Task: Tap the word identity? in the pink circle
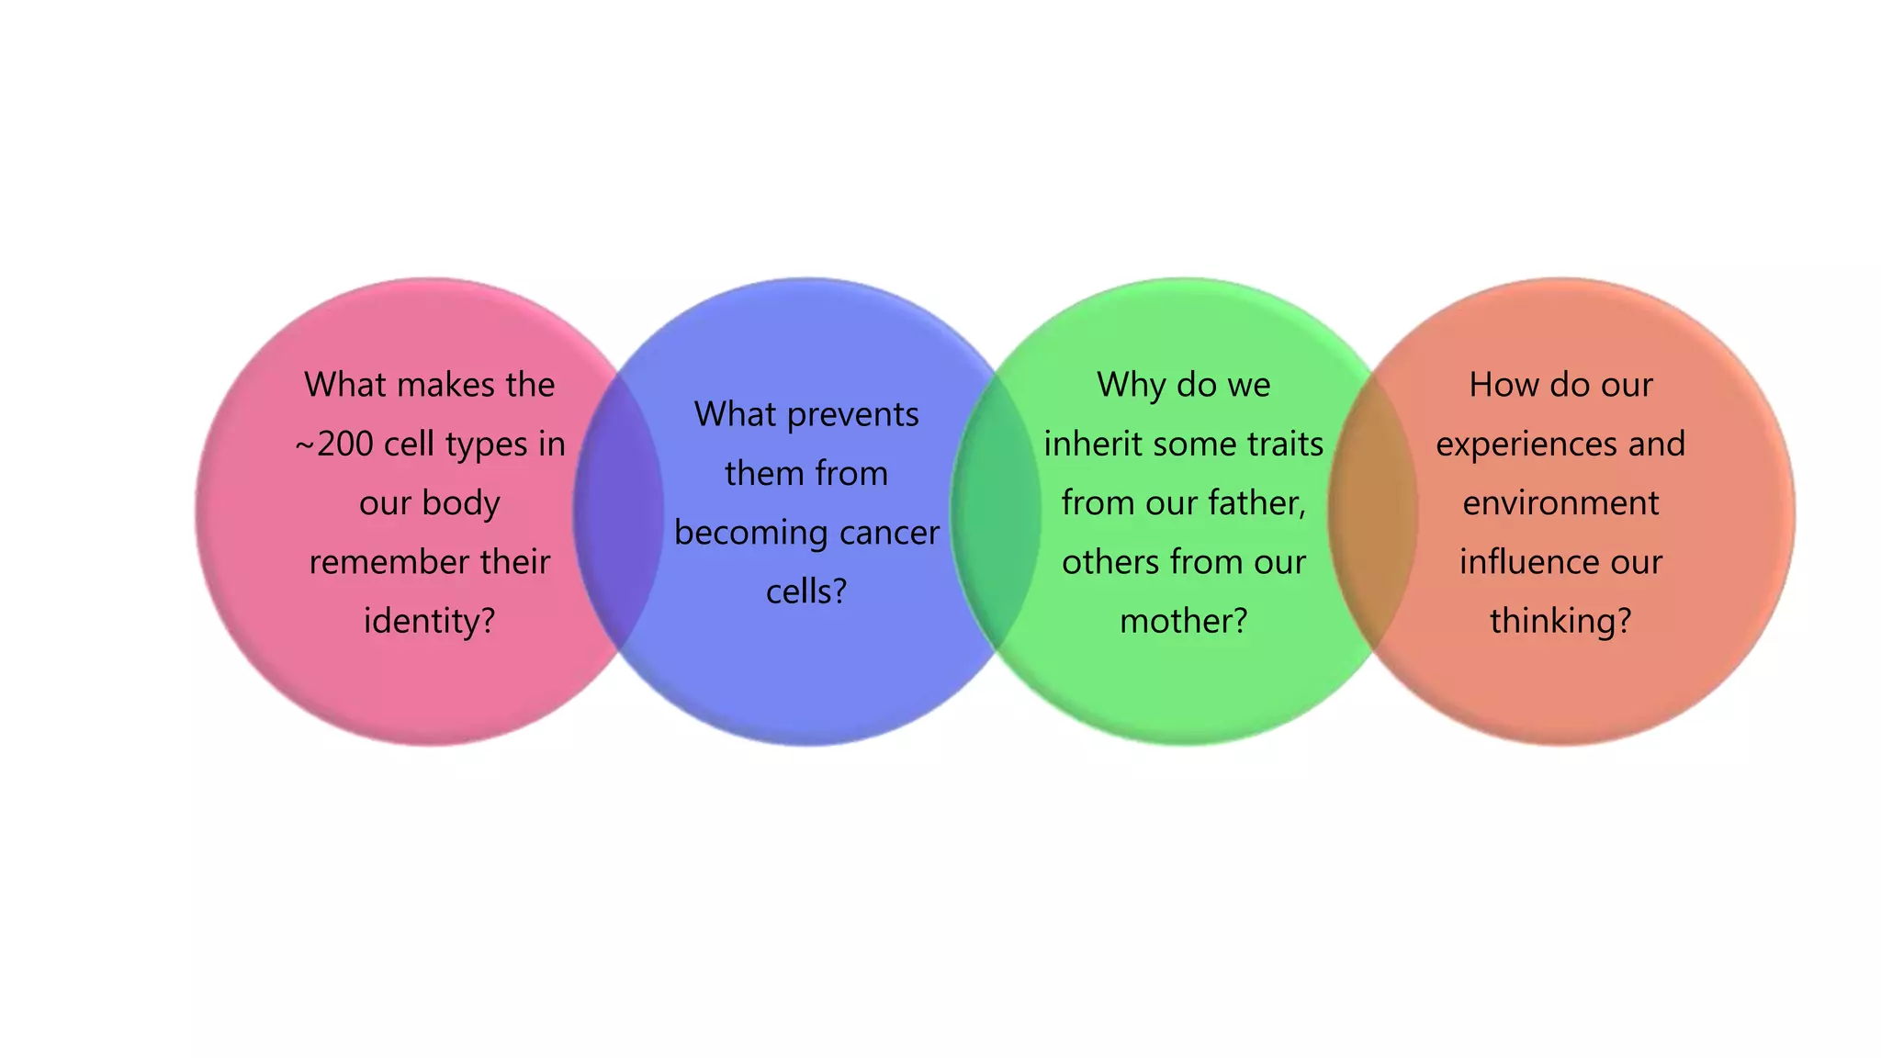pyautogui.click(x=429, y=622)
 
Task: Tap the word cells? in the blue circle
pyautogui.click(x=806, y=592)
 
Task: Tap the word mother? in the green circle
pyautogui.click(x=1184, y=622)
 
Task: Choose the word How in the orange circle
pyautogui.click(x=1499, y=385)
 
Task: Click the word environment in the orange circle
pyautogui.click(x=1560, y=503)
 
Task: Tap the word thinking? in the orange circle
pyautogui.click(x=1560, y=622)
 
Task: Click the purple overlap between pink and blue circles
pyautogui.click(x=618, y=511)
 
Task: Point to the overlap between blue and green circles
pyautogui.click(x=996, y=511)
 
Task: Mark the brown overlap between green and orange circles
pyautogui.click(x=1373, y=511)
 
